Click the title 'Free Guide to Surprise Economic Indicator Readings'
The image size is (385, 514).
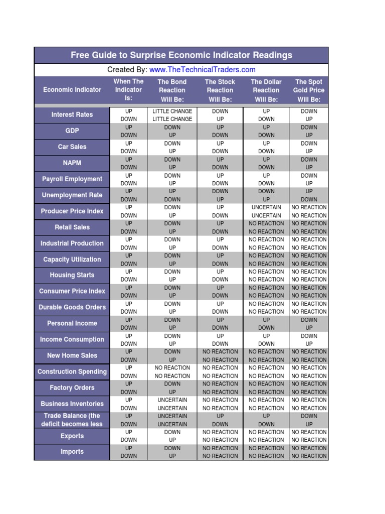(181, 55)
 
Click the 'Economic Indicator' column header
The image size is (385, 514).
(72, 90)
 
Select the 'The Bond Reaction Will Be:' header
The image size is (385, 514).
(172, 90)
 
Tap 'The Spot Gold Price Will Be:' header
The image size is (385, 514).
(309, 90)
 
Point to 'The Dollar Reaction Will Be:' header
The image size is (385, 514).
(266, 90)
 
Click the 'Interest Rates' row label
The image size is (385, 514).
(72, 114)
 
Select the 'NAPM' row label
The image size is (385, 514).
(72, 163)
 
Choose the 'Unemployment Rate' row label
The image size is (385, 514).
(72, 195)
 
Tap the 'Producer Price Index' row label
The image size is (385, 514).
(72, 211)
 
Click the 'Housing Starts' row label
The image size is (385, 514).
(72, 275)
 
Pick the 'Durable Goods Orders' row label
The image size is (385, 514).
(72, 307)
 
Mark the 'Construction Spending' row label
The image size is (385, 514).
(72, 371)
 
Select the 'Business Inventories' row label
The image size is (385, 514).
(72, 404)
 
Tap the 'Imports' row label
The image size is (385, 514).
(72, 452)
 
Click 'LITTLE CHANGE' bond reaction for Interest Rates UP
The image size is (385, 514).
(172, 111)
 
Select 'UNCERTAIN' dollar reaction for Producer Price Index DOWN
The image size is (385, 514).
(266, 215)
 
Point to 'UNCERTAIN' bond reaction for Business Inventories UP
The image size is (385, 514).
(172, 400)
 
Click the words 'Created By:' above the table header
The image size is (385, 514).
(127, 70)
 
